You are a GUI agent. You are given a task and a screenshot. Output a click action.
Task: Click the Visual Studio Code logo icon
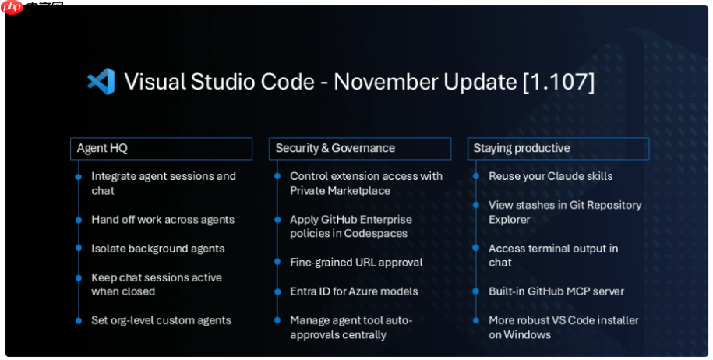[101, 82]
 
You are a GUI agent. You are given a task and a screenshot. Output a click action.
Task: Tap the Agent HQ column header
[161, 148]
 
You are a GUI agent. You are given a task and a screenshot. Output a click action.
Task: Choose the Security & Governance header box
[359, 148]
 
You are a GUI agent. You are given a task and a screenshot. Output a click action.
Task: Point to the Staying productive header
[557, 148]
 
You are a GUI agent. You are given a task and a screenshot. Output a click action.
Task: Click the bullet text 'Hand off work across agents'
[162, 220]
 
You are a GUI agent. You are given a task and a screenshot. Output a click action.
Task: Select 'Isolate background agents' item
[157, 249]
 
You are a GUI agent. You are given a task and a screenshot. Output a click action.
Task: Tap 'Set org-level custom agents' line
[161, 320]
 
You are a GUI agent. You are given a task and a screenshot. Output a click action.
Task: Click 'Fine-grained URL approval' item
[356, 263]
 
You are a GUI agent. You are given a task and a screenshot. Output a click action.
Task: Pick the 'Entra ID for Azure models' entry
[354, 291]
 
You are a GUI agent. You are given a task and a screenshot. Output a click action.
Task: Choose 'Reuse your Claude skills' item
[550, 176]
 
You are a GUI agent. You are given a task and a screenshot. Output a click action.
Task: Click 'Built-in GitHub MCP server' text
[556, 291]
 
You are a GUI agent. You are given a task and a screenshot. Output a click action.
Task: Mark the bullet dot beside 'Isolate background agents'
[78, 249]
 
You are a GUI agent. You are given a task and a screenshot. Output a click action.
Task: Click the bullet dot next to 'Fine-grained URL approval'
[277, 263]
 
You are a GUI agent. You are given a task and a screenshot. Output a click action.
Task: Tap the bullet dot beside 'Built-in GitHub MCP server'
[475, 291]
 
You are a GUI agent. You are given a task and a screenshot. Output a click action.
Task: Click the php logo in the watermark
[12, 8]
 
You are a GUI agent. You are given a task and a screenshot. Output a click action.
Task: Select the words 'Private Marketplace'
[340, 191]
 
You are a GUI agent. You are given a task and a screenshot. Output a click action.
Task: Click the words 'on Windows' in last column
[520, 335]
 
